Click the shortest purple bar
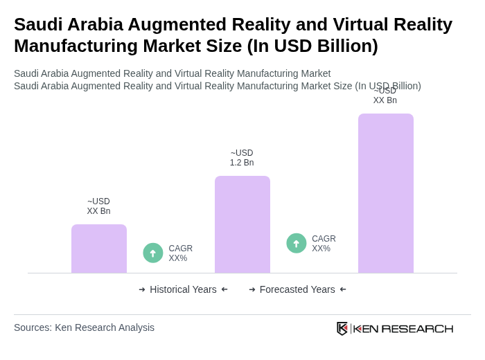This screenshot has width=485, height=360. pyautogui.click(x=99, y=249)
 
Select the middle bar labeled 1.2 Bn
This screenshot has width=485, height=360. pyautogui.click(x=242, y=224)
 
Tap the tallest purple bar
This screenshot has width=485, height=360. pyautogui.click(x=386, y=193)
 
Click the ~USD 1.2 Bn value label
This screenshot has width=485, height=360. pyautogui.click(x=242, y=158)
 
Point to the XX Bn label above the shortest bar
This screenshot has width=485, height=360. pyautogui.click(x=98, y=206)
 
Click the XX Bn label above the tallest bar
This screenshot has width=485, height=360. pyautogui.click(x=385, y=96)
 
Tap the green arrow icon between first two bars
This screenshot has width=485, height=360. pyautogui.click(x=153, y=253)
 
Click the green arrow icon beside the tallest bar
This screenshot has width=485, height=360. pyautogui.click(x=297, y=243)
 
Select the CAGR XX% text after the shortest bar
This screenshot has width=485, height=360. pyautogui.click(x=181, y=253)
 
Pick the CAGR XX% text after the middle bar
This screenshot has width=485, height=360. pyautogui.click(x=324, y=244)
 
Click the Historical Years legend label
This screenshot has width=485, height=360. pyautogui.click(x=183, y=289)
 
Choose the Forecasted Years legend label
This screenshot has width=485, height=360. pyautogui.click(x=297, y=289)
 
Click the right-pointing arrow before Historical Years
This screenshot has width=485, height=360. pyautogui.click(x=142, y=289)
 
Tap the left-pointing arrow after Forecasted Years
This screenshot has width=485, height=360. pyautogui.click(x=343, y=289)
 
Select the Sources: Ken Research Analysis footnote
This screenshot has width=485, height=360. pyautogui.click(x=84, y=327)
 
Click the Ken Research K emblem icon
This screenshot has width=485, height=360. pyautogui.click(x=342, y=328)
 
